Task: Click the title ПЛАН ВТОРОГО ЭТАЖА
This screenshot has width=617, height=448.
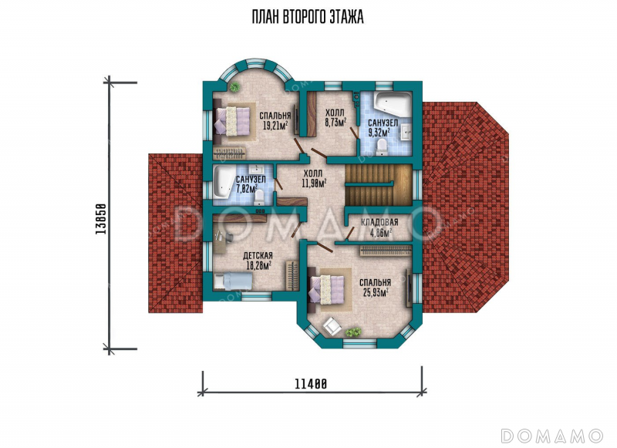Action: (308, 17)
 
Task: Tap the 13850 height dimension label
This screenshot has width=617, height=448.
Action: (101, 219)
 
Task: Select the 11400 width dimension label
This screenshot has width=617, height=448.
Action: (311, 383)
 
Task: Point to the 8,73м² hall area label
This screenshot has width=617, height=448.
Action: (335, 123)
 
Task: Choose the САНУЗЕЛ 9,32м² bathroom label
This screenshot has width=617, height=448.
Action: (383, 127)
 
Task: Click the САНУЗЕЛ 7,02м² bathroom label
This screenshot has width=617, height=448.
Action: (250, 184)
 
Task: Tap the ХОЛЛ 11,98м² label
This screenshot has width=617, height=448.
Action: (314, 178)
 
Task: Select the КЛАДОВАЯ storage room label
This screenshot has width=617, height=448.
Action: (379, 222)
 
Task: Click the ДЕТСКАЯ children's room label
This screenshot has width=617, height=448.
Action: (258, 256)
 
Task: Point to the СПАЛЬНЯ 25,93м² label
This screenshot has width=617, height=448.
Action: (375, 287)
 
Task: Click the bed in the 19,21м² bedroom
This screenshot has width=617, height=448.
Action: (233, 121)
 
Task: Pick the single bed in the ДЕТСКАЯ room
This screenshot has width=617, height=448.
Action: (233, 281)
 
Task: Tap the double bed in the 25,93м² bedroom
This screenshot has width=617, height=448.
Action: (328, 289)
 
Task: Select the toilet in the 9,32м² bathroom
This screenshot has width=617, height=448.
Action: (381, 148)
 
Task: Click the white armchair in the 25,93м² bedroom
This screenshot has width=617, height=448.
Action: (332, 325)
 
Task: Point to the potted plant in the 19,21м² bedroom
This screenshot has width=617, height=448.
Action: (235, 87)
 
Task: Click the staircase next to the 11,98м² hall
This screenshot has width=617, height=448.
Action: (378, 185)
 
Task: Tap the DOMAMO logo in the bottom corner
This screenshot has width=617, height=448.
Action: (551, 436)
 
